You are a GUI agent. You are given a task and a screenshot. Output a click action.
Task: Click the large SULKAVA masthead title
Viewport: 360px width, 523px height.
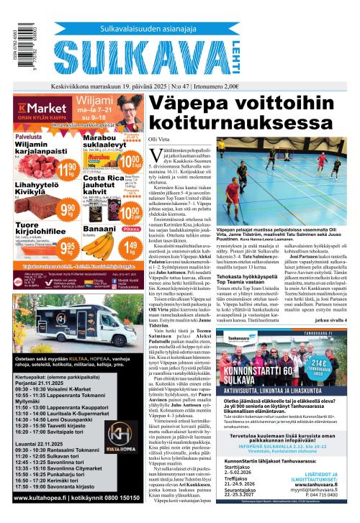(173, 52)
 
